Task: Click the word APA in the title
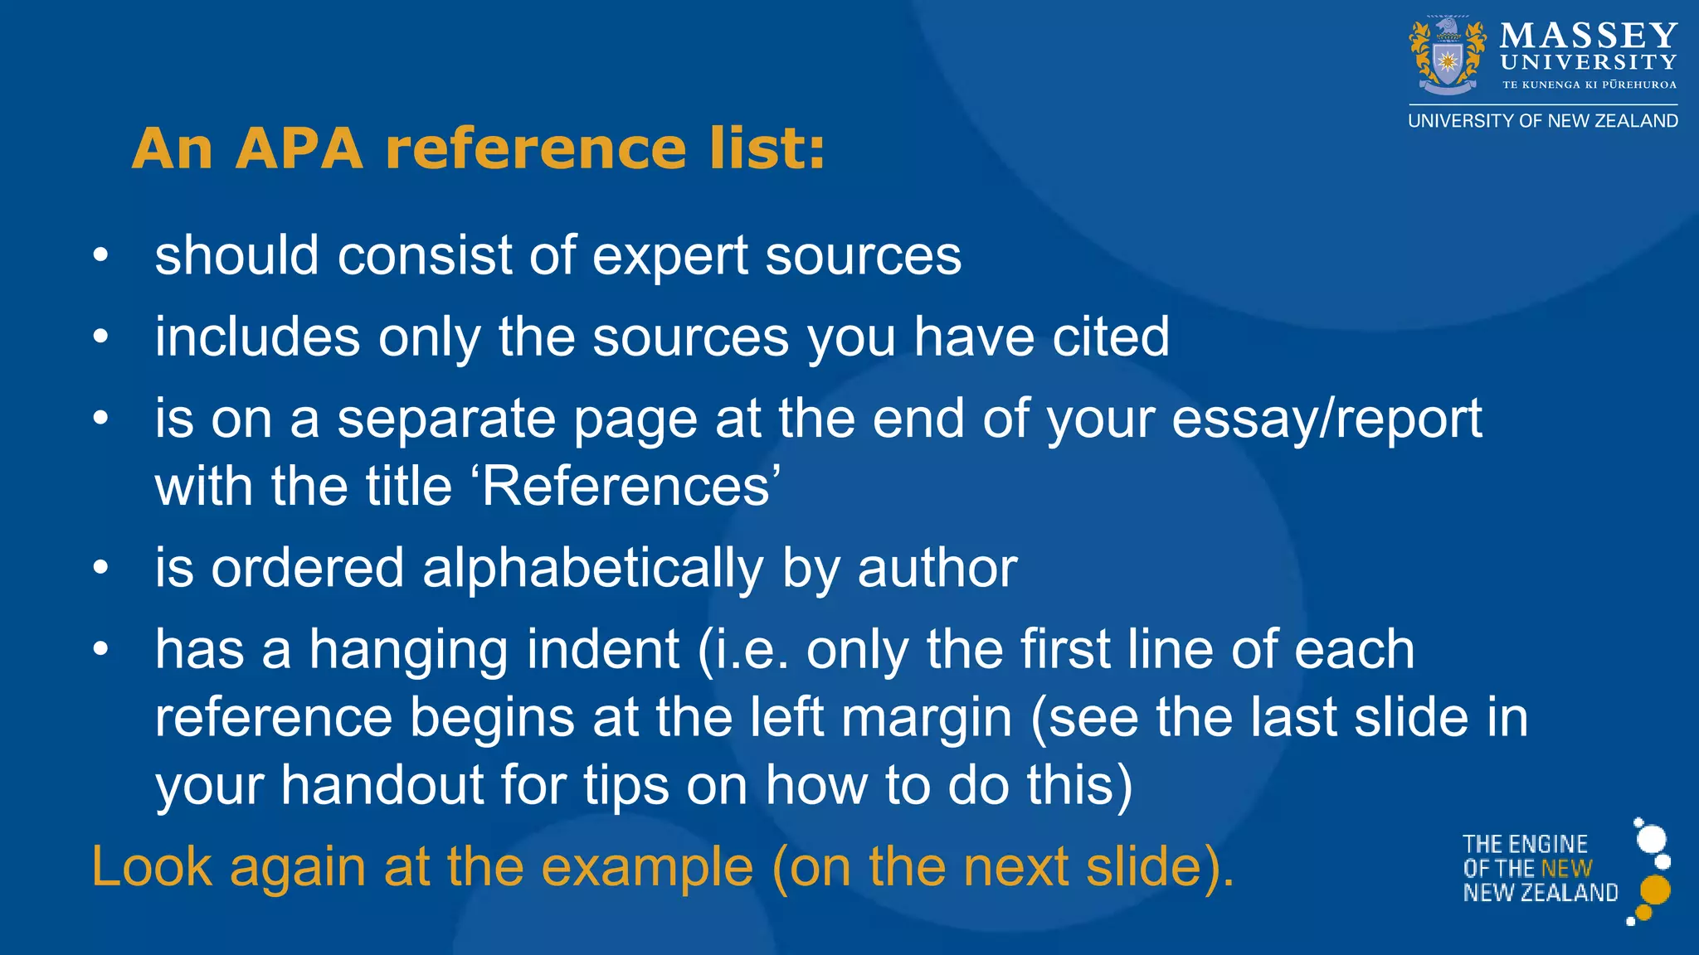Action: [x=299, y=149]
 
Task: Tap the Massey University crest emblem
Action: [x=1448, y=56]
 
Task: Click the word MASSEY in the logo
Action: [x=1589, y=36]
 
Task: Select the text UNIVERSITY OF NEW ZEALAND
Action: [x=1543, y=121]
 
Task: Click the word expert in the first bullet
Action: [x=670, y=255]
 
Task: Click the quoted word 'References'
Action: [x=630, y=487]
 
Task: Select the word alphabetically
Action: [x=592, y=569]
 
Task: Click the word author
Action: [x=937, y=569]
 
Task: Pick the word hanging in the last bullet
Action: [x=408, y=650]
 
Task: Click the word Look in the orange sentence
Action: [x=152, y=868]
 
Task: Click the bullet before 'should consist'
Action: [x=100, y=255]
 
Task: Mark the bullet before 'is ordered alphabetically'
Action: [x=100, y=569]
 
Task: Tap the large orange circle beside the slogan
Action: [x=1655, y=890]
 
